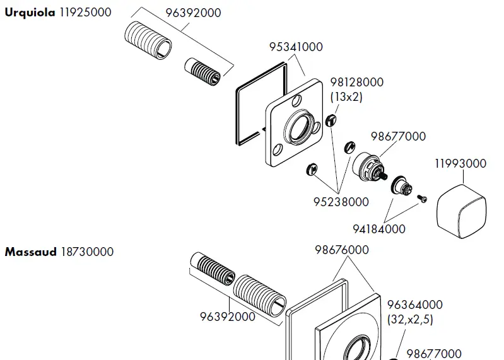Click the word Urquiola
30,13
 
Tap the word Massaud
31,252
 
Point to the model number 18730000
87,252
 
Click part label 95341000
296,47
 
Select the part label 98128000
356,83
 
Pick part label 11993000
460,164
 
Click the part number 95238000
341,202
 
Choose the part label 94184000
378,229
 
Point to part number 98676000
341,250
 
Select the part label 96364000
414,305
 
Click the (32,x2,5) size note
410,319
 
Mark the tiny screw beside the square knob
423,199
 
